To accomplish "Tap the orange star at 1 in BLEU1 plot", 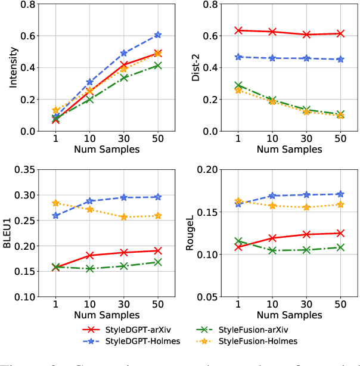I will [55, 203].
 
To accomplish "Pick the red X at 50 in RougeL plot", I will [340, 233].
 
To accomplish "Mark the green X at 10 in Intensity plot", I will [89, 99].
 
